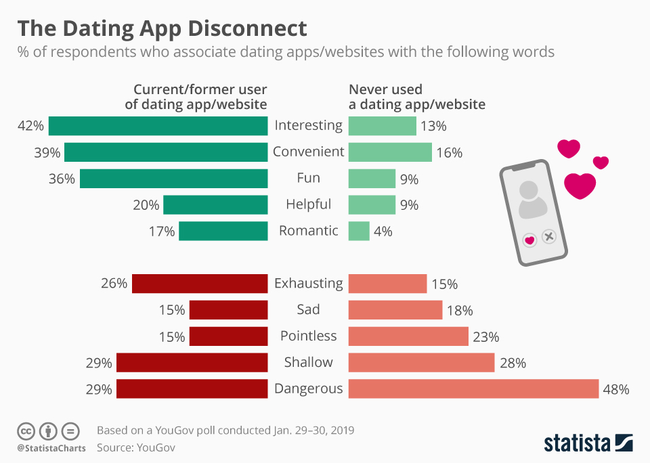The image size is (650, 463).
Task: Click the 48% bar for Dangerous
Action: point(473,389)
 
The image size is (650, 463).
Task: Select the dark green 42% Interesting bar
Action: point(158,126)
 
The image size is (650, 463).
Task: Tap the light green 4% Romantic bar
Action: point(359,231)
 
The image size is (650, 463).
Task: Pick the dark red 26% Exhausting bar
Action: point(200,284)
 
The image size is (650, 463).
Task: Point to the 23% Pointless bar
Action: point(408,336)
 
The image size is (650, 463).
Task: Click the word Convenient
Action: point(309,152)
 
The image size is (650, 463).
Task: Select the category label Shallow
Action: point(309,362)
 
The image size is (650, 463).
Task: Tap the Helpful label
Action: point(309,204)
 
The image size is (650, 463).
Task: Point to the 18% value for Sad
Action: point(460,311)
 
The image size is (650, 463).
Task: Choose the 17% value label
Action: point(162,231)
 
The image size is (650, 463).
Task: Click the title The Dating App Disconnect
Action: point(162,28)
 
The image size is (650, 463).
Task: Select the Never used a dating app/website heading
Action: point(416,97)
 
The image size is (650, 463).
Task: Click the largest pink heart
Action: point(580,185)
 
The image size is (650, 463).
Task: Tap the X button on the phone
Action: point(549,237)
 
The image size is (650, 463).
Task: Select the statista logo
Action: point(588,443)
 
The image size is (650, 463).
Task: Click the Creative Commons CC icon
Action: point(26,431)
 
